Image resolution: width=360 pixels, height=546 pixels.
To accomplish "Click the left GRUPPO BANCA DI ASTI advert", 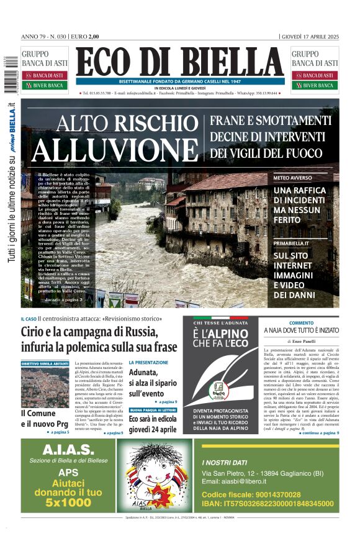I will click(x=45, y=68).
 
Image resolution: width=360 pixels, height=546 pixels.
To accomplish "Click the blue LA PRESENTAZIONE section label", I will click(x=148, y=362).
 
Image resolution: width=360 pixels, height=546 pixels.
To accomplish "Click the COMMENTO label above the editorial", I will click(x=301, y=322).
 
